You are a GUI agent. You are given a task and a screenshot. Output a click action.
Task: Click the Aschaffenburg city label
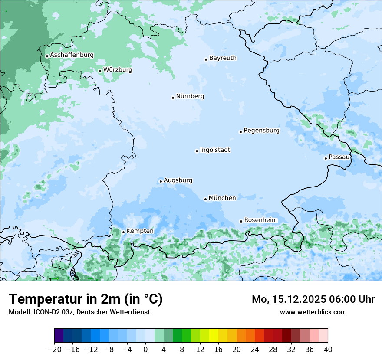coord(72,55)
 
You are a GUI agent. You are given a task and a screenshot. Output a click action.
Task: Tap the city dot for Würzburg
coord(100,71)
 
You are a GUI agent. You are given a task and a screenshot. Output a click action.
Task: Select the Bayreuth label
coord(223,58)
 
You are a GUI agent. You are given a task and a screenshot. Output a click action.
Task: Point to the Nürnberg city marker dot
coord(173,98)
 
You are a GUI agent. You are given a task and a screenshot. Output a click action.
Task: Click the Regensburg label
coord(261,130)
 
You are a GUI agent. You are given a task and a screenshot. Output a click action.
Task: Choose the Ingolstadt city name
coord(215,150)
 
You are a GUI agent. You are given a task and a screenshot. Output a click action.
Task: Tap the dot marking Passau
coord(326,158)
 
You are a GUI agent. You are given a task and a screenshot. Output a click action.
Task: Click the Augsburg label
coord(178,180)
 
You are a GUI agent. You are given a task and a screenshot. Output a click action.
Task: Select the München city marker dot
coord(205,199)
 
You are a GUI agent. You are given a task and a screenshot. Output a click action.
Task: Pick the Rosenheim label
coord(260,220)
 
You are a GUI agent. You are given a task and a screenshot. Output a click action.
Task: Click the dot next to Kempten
coord(123,232)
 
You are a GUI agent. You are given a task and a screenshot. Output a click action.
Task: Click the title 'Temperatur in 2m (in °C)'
coord(86,299)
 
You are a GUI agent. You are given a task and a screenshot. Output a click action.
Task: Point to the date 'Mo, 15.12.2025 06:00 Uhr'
coord(313,299)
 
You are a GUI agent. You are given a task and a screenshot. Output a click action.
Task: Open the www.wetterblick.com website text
coord(313,312)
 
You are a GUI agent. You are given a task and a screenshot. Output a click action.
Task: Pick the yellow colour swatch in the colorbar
coord(214,336)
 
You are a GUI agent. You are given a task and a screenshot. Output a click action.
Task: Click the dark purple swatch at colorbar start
coord(59,336)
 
